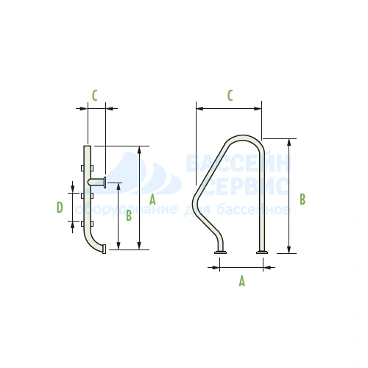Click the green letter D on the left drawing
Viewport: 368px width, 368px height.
click(60, 208)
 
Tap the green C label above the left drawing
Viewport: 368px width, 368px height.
click(94, 96)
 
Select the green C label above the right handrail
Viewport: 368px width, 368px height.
click(230, 96)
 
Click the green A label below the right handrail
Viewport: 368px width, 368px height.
click(242, 281)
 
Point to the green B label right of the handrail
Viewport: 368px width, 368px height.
click(302, 199)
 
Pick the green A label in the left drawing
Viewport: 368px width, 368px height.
click(152, 199)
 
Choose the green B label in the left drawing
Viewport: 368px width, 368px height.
click(129, 216)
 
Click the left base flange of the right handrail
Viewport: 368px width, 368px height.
click(220, 252)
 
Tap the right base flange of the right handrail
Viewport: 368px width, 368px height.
click(262, 252)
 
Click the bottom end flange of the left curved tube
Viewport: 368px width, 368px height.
click(104, 249)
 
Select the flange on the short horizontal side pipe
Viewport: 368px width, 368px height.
click(105, 183)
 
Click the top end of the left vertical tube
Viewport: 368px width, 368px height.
click(88, 146)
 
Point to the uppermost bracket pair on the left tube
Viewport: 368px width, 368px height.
click(87, 168)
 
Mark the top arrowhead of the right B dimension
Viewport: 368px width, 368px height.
click(289, 142)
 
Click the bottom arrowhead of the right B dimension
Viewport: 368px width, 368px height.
click(289, 250)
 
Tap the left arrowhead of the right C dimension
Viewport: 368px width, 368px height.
click(200, 108)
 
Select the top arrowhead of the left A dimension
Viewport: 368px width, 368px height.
click(139, 150)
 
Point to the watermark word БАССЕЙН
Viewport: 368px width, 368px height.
click(238, 163)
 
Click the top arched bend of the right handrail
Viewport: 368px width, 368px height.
click(244, 137)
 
